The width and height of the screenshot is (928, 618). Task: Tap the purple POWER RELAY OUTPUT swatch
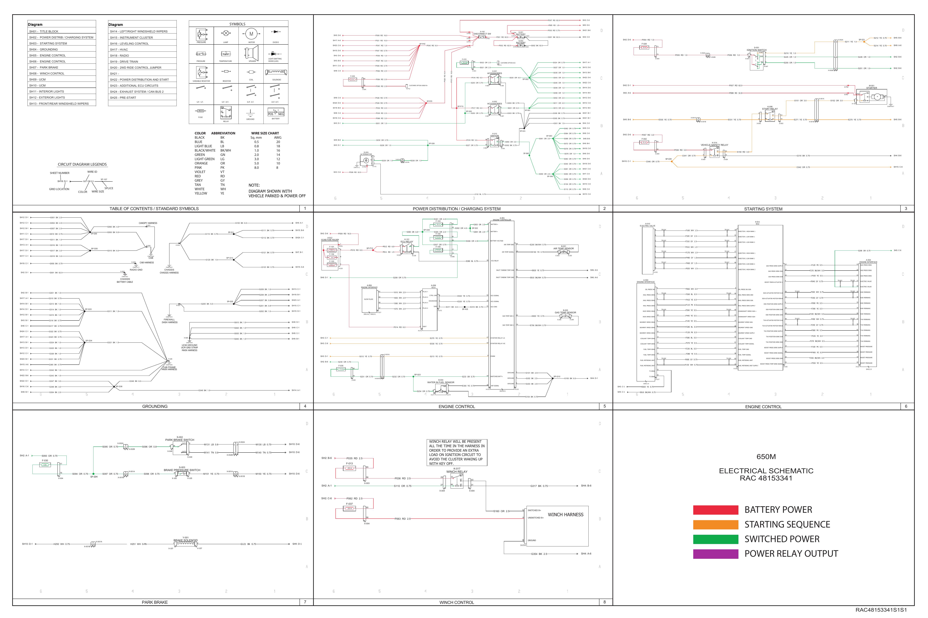(715, 554)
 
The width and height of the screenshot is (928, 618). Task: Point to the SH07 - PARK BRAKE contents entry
(44, 67)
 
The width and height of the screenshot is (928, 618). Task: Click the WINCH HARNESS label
(565, 514)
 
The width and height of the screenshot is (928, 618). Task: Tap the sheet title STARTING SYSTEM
(763, 209)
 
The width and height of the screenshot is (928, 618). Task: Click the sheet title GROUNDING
(155, 406)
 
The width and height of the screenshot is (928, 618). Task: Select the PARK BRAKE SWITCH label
(180, 440)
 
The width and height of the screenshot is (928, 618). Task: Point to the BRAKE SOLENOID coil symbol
(185, 544)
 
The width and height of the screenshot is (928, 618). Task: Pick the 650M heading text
(766, 457)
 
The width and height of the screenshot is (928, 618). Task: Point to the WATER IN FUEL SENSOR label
(441, 382)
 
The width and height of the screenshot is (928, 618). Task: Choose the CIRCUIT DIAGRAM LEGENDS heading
(82, 164)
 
